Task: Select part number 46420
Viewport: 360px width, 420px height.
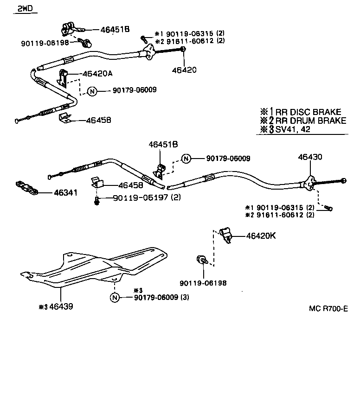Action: tap(184, 70)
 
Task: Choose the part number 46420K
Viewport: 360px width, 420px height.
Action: tap(261, 235)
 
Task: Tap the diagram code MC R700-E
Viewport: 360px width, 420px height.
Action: tap(328, 308)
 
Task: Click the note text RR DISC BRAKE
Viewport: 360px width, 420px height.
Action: tap(308, 112)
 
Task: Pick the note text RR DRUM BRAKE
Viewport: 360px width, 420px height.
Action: tap(311, 121)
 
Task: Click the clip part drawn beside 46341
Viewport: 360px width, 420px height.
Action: tap(27, 187)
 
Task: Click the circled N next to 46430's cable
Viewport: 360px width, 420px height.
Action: tap(186, 159)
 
